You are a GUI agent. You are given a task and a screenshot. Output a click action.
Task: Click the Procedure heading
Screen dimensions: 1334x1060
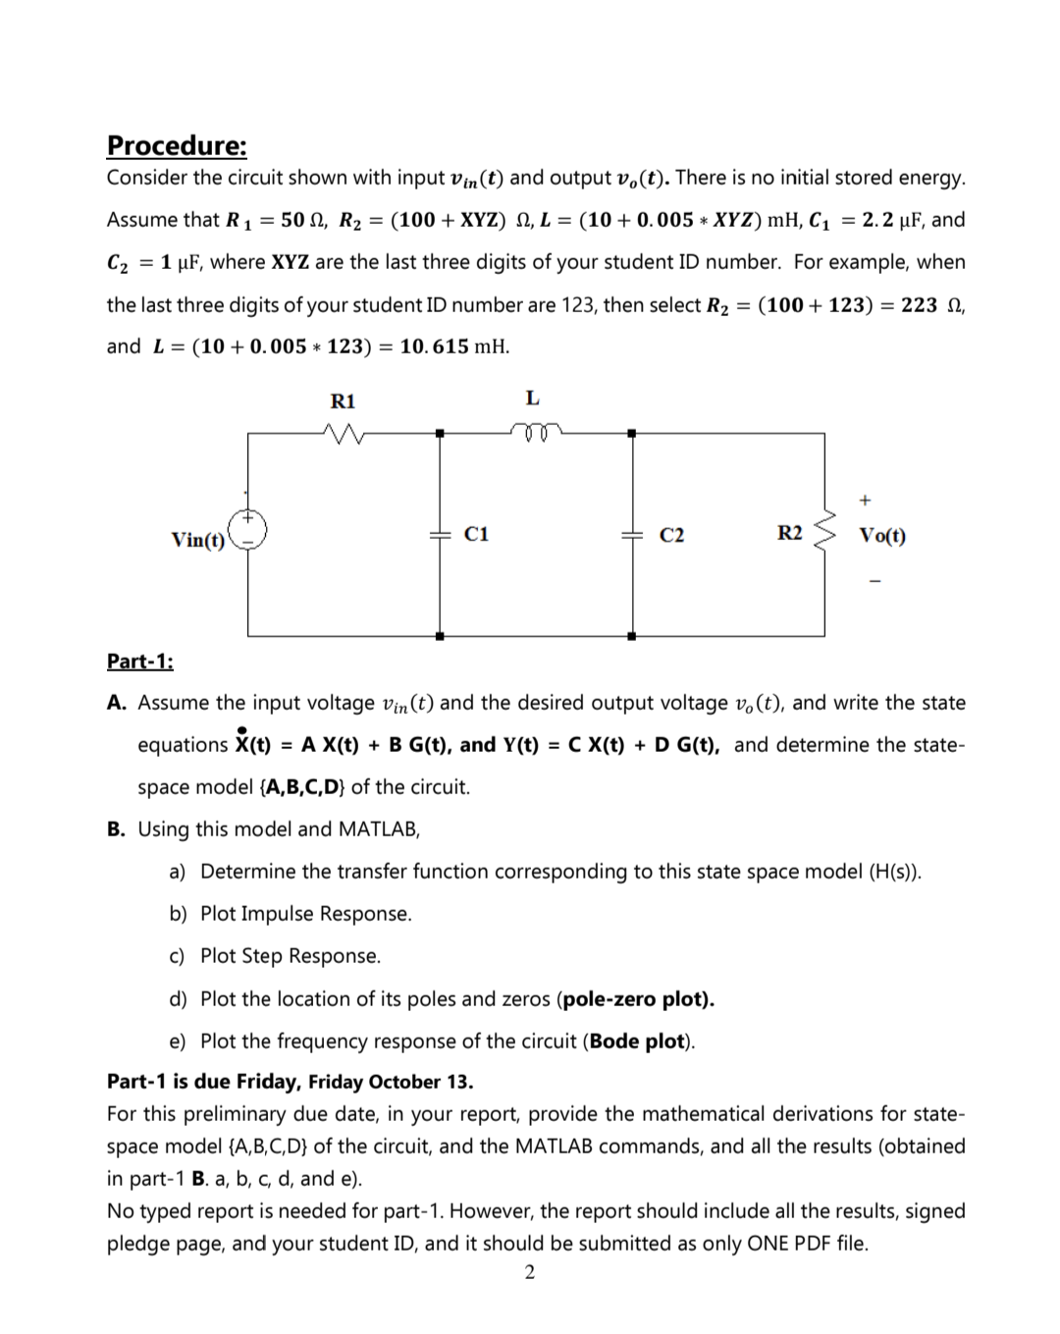tap(177, 145)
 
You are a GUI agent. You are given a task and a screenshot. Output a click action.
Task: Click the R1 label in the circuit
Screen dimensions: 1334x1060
tap(343, 400)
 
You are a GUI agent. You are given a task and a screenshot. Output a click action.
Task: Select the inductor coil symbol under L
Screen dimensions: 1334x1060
tap(534, 429)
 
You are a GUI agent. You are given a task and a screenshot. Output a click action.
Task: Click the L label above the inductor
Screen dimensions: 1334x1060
tap(532, 398)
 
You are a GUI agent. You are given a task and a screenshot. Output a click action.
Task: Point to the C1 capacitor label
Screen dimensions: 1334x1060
tap(476, 534)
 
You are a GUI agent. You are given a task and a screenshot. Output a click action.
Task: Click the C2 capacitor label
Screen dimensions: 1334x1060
tap(671, 535)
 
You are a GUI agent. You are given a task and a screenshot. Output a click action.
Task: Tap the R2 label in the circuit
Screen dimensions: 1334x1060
tap(789, 533)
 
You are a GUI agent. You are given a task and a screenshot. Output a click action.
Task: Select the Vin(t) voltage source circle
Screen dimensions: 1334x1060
tap(249, 528)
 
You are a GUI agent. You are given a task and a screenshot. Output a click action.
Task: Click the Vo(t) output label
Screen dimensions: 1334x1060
tap(882, 536)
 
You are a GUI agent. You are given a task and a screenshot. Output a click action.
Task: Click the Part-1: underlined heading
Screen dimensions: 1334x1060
tap(139, 661)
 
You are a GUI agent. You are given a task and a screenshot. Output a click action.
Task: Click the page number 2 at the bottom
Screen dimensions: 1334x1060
tap(530, 1273)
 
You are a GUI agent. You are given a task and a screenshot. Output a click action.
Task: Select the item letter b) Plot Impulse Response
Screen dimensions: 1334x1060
tap(178, 914)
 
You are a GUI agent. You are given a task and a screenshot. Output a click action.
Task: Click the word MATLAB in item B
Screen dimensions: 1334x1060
tap(378, 829)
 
